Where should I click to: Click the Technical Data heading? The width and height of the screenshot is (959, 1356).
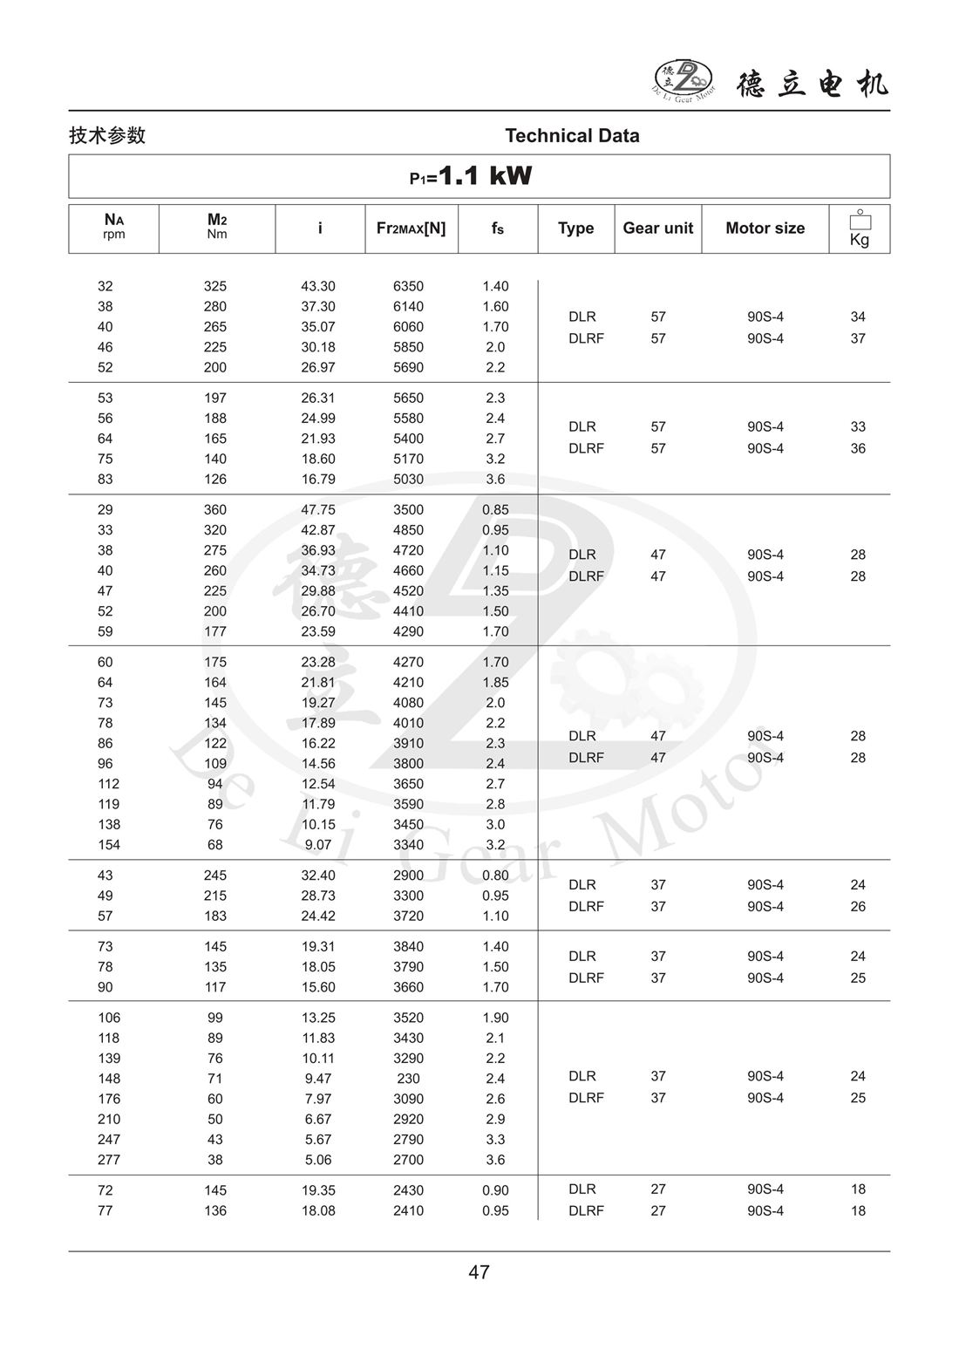[572, 136]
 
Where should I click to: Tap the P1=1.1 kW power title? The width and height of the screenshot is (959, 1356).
[471, 176]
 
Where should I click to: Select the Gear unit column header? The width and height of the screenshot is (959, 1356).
[657, 228]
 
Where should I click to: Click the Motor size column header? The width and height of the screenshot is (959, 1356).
[765, 228]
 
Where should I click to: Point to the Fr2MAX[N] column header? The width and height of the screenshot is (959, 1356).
[411, 228]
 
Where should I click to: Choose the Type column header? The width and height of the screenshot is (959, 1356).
[575, 228]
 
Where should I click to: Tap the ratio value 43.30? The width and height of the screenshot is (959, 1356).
[318, 287]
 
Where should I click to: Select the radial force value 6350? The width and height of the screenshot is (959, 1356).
[408, 287]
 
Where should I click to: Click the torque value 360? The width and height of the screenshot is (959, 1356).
[214, 510]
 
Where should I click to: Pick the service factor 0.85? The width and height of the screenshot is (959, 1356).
[495, 510]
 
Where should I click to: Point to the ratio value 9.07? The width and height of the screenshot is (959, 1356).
[318, 845]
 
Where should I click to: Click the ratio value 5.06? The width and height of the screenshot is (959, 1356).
[318, 1160]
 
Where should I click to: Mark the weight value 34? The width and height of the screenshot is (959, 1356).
[858, 317]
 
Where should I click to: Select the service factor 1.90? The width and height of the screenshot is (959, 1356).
[495, 1018]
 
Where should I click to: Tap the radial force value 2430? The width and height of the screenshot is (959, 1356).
[408, 1190]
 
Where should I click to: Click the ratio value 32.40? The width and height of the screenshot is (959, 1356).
[318, 876]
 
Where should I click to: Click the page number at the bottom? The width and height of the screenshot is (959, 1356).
[479, 1272]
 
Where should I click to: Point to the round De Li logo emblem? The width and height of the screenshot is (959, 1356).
[683, 80]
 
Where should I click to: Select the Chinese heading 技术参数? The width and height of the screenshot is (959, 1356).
[107, 136]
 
